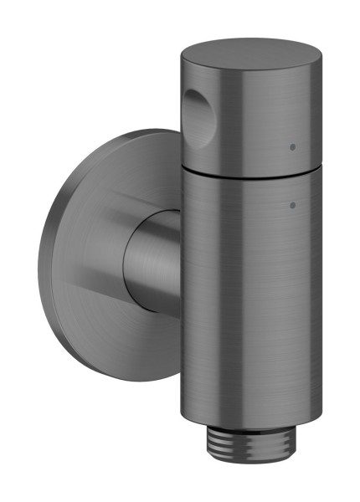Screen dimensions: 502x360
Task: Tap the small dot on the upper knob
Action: tap(291, 146)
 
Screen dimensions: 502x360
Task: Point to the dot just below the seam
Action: tap(291, 204)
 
